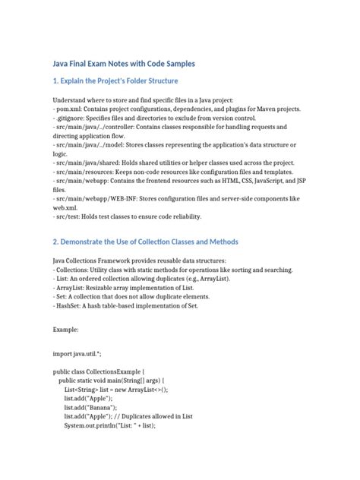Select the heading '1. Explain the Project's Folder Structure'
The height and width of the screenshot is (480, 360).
[125, 81]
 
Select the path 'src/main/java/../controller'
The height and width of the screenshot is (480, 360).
[93, 129]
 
